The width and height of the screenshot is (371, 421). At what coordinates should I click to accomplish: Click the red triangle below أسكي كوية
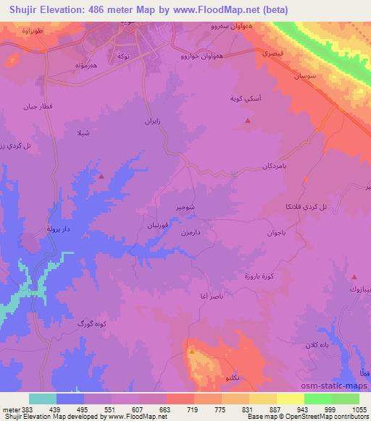(x=249, y=121)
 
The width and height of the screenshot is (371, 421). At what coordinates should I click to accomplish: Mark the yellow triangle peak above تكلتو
(x=192, y=352)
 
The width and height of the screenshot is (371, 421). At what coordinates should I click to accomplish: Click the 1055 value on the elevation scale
(x=360, y=409)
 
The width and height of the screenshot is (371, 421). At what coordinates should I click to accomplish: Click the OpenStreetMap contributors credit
(x=320, y=417)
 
